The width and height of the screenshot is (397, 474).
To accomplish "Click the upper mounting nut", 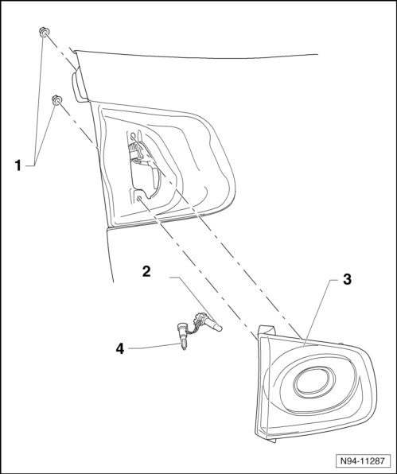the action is (x=45, y=32).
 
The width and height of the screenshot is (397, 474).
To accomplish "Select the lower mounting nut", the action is (x=56, y=99).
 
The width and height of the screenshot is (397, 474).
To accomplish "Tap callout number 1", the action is (x=18, y=165).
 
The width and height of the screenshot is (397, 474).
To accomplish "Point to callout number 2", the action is (x=146, y=271).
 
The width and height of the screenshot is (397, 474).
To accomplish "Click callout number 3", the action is (x=347, y=279).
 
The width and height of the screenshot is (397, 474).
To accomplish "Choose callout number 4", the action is (x=120, y=349).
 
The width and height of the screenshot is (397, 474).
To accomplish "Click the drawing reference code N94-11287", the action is (x=363, y=460).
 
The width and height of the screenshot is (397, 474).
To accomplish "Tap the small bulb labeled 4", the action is (x=183, y=336).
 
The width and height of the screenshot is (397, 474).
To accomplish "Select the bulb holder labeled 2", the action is (x=208, y=323).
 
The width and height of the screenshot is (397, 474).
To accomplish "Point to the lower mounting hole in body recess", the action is (x=139, y=199).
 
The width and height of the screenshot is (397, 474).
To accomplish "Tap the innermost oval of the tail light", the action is (x=313, y=382).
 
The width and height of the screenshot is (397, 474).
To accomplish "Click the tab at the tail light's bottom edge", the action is (x=271, y=441).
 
